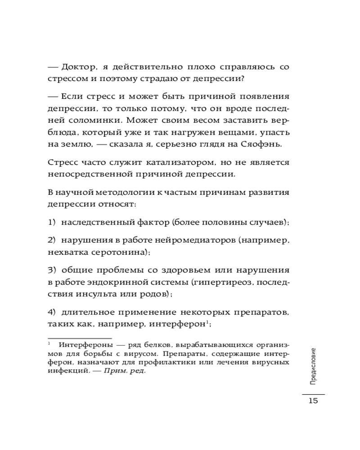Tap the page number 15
[x=313, y=401]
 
